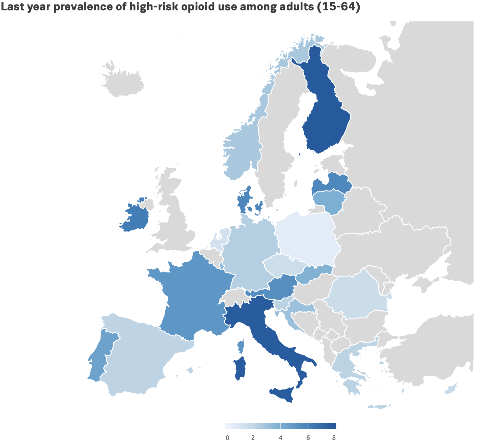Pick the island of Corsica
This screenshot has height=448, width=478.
coord(241,347)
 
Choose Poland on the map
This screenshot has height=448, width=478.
coord(306,236)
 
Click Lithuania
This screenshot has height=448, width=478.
coord(329,201)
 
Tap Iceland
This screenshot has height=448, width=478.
coord(123,83)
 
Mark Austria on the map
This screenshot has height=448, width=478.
coord(281,287)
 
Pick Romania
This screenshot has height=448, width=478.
coord(357,295)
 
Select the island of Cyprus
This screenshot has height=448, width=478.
coord(451,389)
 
